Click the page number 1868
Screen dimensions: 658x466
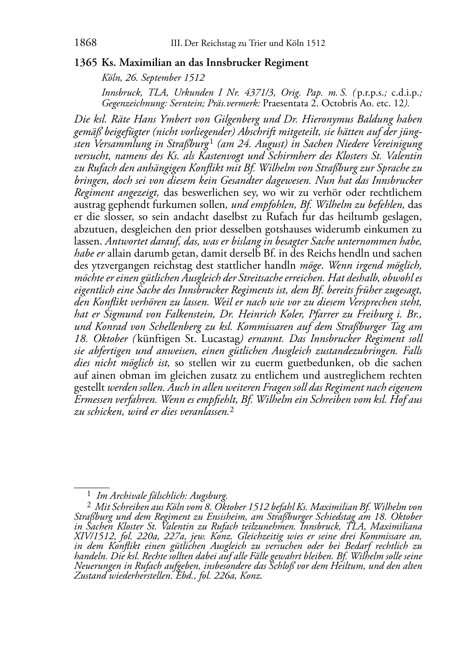pos(85,43)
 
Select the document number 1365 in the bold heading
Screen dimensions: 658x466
pos(85,63)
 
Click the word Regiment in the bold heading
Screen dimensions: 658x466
pos(286,63)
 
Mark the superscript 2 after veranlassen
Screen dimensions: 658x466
pos(231,410)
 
